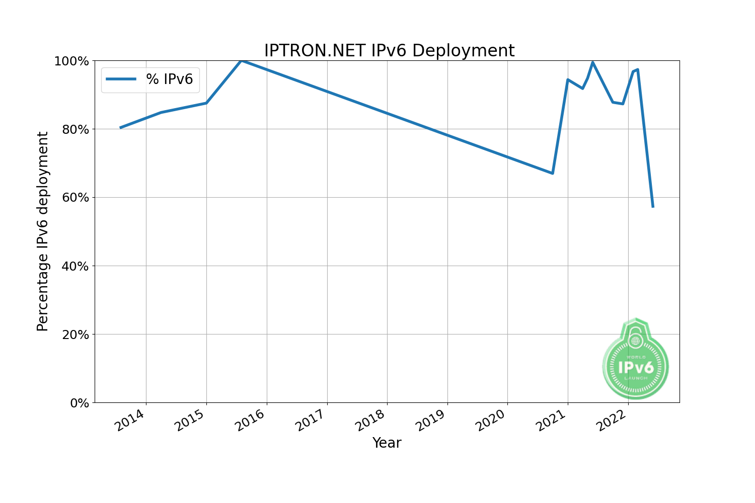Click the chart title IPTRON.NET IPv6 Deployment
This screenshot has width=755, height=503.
click(x=389, y=51)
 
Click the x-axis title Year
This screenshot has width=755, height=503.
click(x=387, y=443)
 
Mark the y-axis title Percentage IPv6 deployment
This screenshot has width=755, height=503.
click(x=43, y=231)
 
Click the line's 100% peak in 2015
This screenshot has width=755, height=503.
click(x=242, y=61)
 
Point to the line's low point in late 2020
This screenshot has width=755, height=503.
click(x=552, y=173)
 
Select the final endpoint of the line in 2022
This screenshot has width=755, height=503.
click(x=653, y=207)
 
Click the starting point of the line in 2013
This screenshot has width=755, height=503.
click(x=120, y=128)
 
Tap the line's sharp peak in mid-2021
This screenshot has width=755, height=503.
click(x=592, y=62)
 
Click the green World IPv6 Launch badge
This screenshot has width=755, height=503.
click(x=636, y=360)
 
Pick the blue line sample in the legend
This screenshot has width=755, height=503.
click(x=121, y=79)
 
